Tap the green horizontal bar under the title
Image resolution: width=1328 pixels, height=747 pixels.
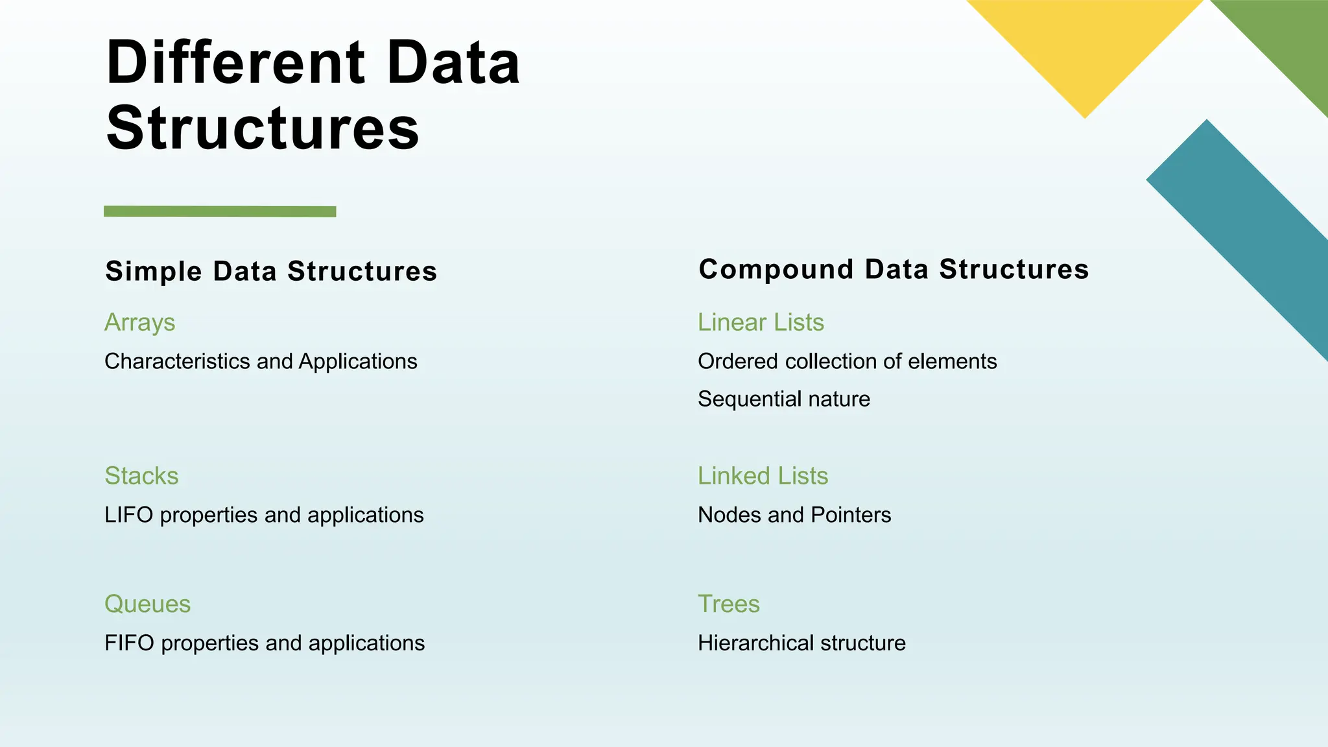click(x=220, y=211)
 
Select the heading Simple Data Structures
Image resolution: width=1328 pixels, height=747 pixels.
click(x=271, y=271)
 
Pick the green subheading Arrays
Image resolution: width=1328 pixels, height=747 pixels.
click(x=139, y=322)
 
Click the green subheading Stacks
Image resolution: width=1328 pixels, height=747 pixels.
click(x=141, y=476)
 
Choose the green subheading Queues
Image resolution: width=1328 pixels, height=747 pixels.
click(x=147, y=604)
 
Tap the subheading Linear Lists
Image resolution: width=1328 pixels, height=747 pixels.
click(x=761, y=322)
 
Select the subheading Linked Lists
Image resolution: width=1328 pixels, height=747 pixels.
click(x=763, y=476)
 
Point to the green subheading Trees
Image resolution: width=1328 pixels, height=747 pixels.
click(x=728, y=604)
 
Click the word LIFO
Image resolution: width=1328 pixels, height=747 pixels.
click(x=128, y=515)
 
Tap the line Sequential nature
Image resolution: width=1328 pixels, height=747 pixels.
click(x=783, y=399)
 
